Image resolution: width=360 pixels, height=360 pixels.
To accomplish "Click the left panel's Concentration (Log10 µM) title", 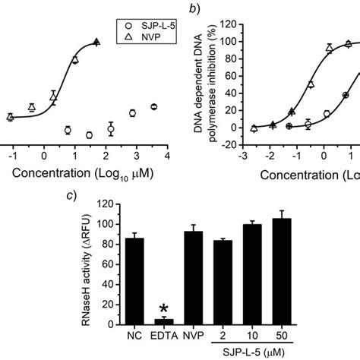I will [91, 172].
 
